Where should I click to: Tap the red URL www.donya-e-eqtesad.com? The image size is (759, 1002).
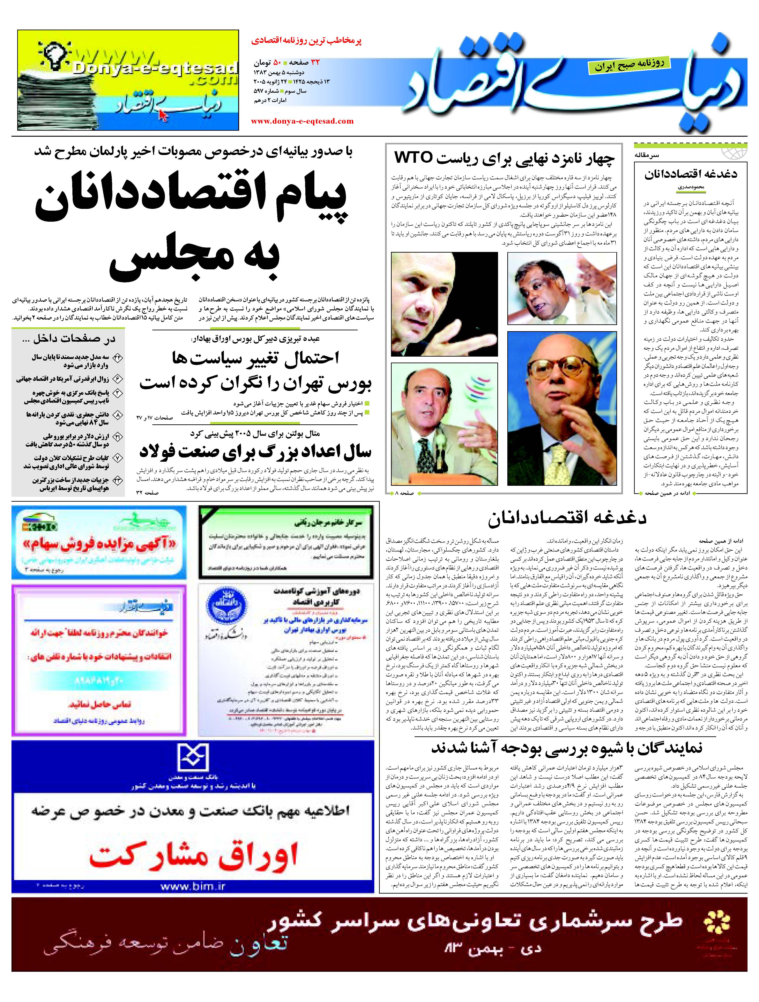302,121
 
